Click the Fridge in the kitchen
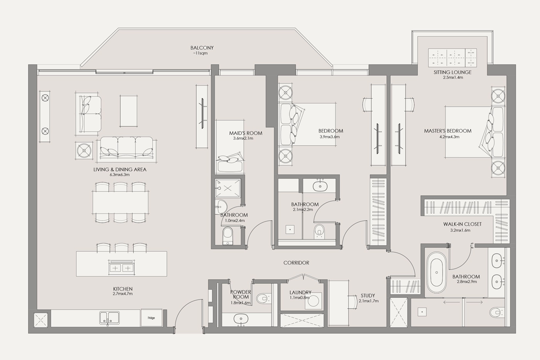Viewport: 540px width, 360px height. coord(151,318)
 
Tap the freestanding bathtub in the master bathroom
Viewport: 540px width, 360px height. coord(437,273)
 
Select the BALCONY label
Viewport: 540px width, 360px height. coord(202,48)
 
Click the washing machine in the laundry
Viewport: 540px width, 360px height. coord(313,301)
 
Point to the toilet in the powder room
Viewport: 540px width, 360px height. coord(263,299)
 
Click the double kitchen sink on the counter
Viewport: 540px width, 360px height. coord(110,318)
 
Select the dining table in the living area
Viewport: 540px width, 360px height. coord(120,203)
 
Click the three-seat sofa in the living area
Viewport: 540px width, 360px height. coord(127,149)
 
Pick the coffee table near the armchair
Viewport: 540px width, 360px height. coord(129,111)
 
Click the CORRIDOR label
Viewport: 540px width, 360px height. coord(296,263)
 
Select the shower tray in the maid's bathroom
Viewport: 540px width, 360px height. coord(228,188)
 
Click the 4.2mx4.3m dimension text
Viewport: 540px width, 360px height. coord(450,137)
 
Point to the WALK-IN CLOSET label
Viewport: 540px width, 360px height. coord(462,224)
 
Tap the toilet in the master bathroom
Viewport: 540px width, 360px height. coord(496,313)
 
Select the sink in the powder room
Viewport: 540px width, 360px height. coord(241,319)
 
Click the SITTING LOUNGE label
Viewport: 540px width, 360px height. coord(452,72)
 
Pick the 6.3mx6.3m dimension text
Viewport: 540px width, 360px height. coord(120,174)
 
